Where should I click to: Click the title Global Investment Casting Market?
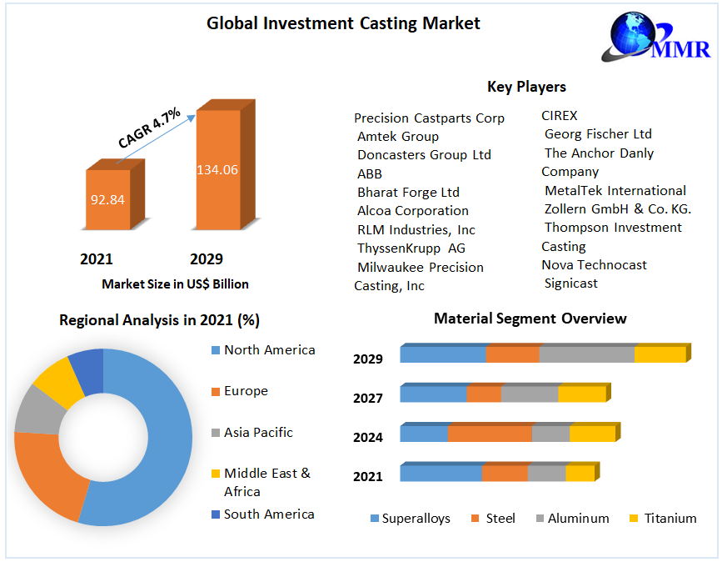tap(343, 23)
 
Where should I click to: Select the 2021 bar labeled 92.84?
tap(108, 199)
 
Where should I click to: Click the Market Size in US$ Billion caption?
tap(175, 284)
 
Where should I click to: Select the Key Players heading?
tap(526, 87)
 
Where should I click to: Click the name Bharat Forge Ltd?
tap(408, 193)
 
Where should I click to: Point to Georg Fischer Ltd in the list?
tap(598, 134)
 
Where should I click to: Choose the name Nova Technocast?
tap(594, 265)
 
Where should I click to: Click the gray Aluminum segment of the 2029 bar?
tap(586, 354)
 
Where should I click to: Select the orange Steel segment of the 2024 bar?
tap(490, 434)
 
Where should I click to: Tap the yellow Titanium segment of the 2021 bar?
tap(580, 474)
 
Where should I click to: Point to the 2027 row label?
tap(367, 399)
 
